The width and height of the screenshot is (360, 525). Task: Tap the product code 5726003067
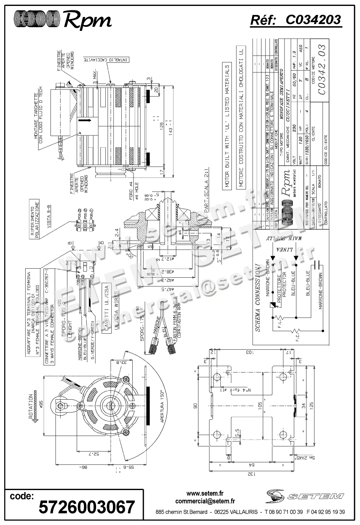click(x=87, y=507)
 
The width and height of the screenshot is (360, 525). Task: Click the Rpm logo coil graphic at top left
click(x=37, y=20)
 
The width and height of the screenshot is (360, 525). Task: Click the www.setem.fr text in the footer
click(x=205, y=494)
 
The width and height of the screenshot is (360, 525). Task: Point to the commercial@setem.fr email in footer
click(x=205, y=501)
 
